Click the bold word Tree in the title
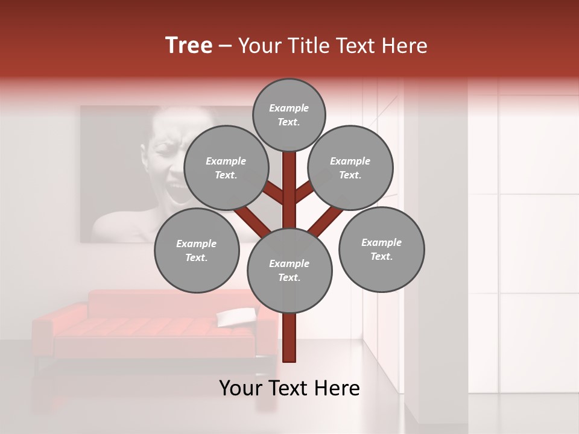coord(189,45)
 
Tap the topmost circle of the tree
coord(289,115)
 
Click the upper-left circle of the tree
coord(226,168)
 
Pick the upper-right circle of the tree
coord(350,168)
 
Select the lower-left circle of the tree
coord(197,250)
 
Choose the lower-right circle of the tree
coord(381,249)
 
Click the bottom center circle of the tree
coord(289,270)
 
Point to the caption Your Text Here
coord(289,388)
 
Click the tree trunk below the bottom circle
coord(289,338)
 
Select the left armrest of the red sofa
coord(42,332)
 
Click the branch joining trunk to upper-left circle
coord(274,193)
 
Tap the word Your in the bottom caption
coord(241,388)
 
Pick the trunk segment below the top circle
coord(289,181)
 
